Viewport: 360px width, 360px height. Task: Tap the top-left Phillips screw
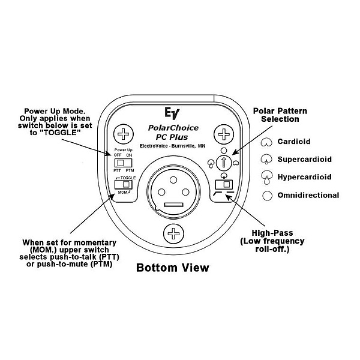tap(124, 133)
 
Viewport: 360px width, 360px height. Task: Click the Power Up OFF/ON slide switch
tap(124, 163)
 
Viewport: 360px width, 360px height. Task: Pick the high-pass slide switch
tap(223, 185)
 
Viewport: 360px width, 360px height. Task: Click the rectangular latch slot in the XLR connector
tap(173, 206)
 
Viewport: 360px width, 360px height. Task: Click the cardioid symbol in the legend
tap(265, 142)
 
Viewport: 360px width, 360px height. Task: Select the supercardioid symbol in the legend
tap(265, 160)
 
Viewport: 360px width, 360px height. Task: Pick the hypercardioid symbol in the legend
tap(265, 177)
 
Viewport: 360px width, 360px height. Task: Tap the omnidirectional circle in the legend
tap(265, 195)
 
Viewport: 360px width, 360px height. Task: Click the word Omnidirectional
tap(308, 195)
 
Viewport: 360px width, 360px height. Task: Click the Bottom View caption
tap(173, 268)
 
